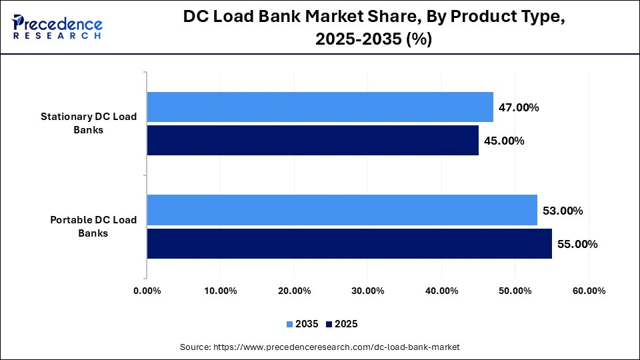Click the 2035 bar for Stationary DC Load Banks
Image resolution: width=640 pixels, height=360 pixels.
coord(320,107)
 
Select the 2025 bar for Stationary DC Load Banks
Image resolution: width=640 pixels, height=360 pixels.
coord(313,141)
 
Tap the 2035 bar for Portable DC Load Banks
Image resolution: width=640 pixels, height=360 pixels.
coord(342,211)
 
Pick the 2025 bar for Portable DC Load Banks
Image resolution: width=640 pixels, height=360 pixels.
coord(349,244)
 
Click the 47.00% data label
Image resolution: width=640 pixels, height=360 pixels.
coord(519,107)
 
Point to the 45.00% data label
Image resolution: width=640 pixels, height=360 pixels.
coord(504,141)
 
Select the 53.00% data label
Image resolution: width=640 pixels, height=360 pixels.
coord(563,211)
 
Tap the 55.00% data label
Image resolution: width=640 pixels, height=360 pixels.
coord(577,244)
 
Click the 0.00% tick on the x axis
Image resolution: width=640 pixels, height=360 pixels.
coord(147,291)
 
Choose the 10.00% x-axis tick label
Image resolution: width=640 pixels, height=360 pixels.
coord(220,291)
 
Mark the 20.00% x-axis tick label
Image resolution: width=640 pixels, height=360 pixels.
coord(294,291)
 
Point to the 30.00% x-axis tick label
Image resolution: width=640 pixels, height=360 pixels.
coord(367,291)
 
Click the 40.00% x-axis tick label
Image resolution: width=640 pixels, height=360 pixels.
coord(441,291)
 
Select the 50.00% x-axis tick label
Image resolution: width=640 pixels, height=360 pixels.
coord(515,291)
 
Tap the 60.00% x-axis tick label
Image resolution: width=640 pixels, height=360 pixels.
coord(588,291)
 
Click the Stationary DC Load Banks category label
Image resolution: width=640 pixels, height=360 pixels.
coord(89,123)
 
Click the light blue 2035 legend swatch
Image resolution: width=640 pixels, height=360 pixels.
coord(289,325)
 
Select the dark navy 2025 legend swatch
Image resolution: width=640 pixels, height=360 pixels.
coord(329,325)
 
